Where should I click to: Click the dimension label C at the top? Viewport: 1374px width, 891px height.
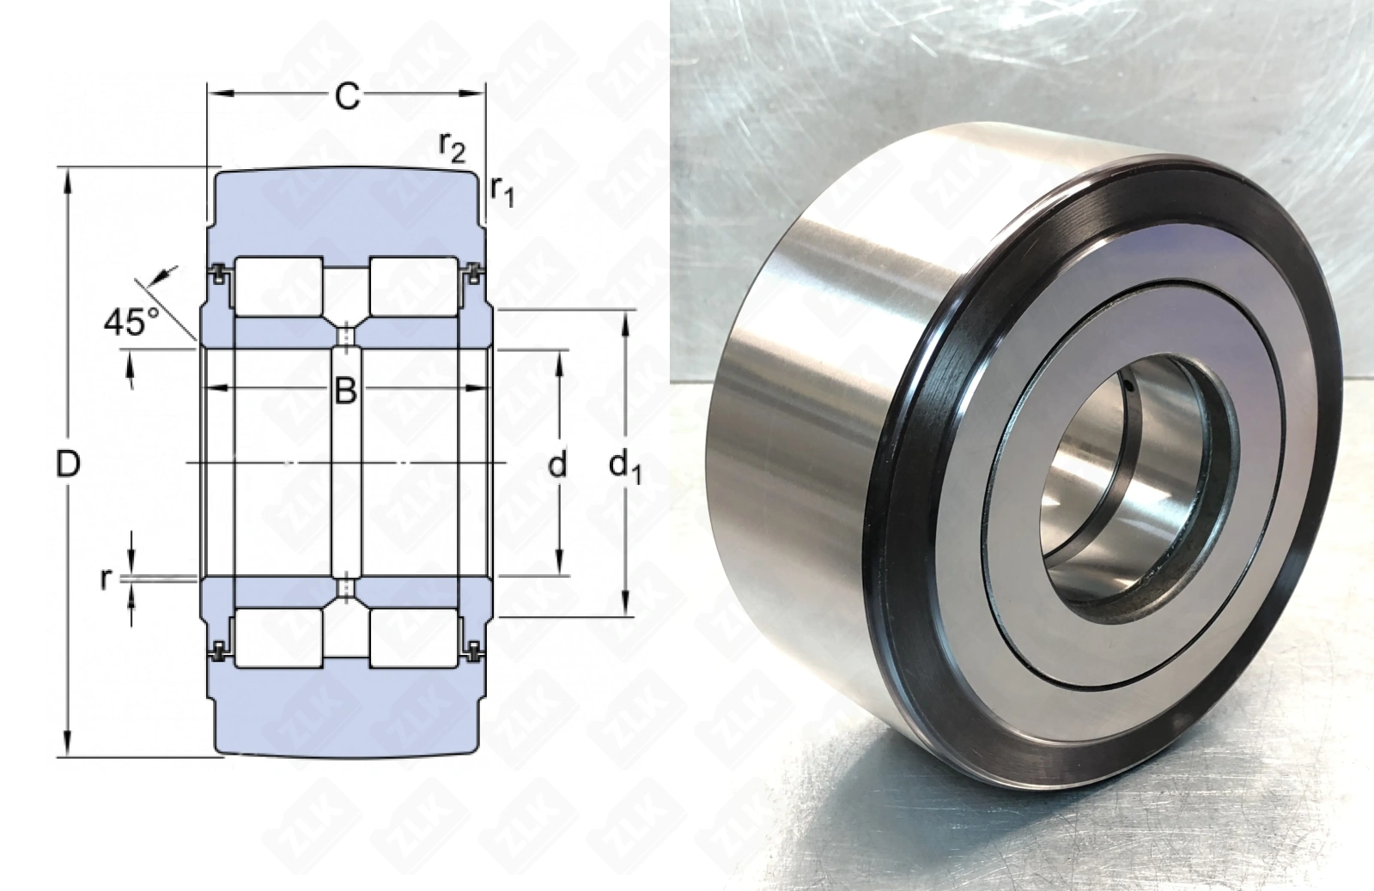347,96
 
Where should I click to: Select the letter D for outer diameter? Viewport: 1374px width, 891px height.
68,464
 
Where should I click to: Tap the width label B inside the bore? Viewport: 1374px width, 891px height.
346,390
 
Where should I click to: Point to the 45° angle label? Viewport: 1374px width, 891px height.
131,321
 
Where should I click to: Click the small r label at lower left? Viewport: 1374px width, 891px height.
106,579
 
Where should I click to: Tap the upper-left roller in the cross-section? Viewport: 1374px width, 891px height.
279,287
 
